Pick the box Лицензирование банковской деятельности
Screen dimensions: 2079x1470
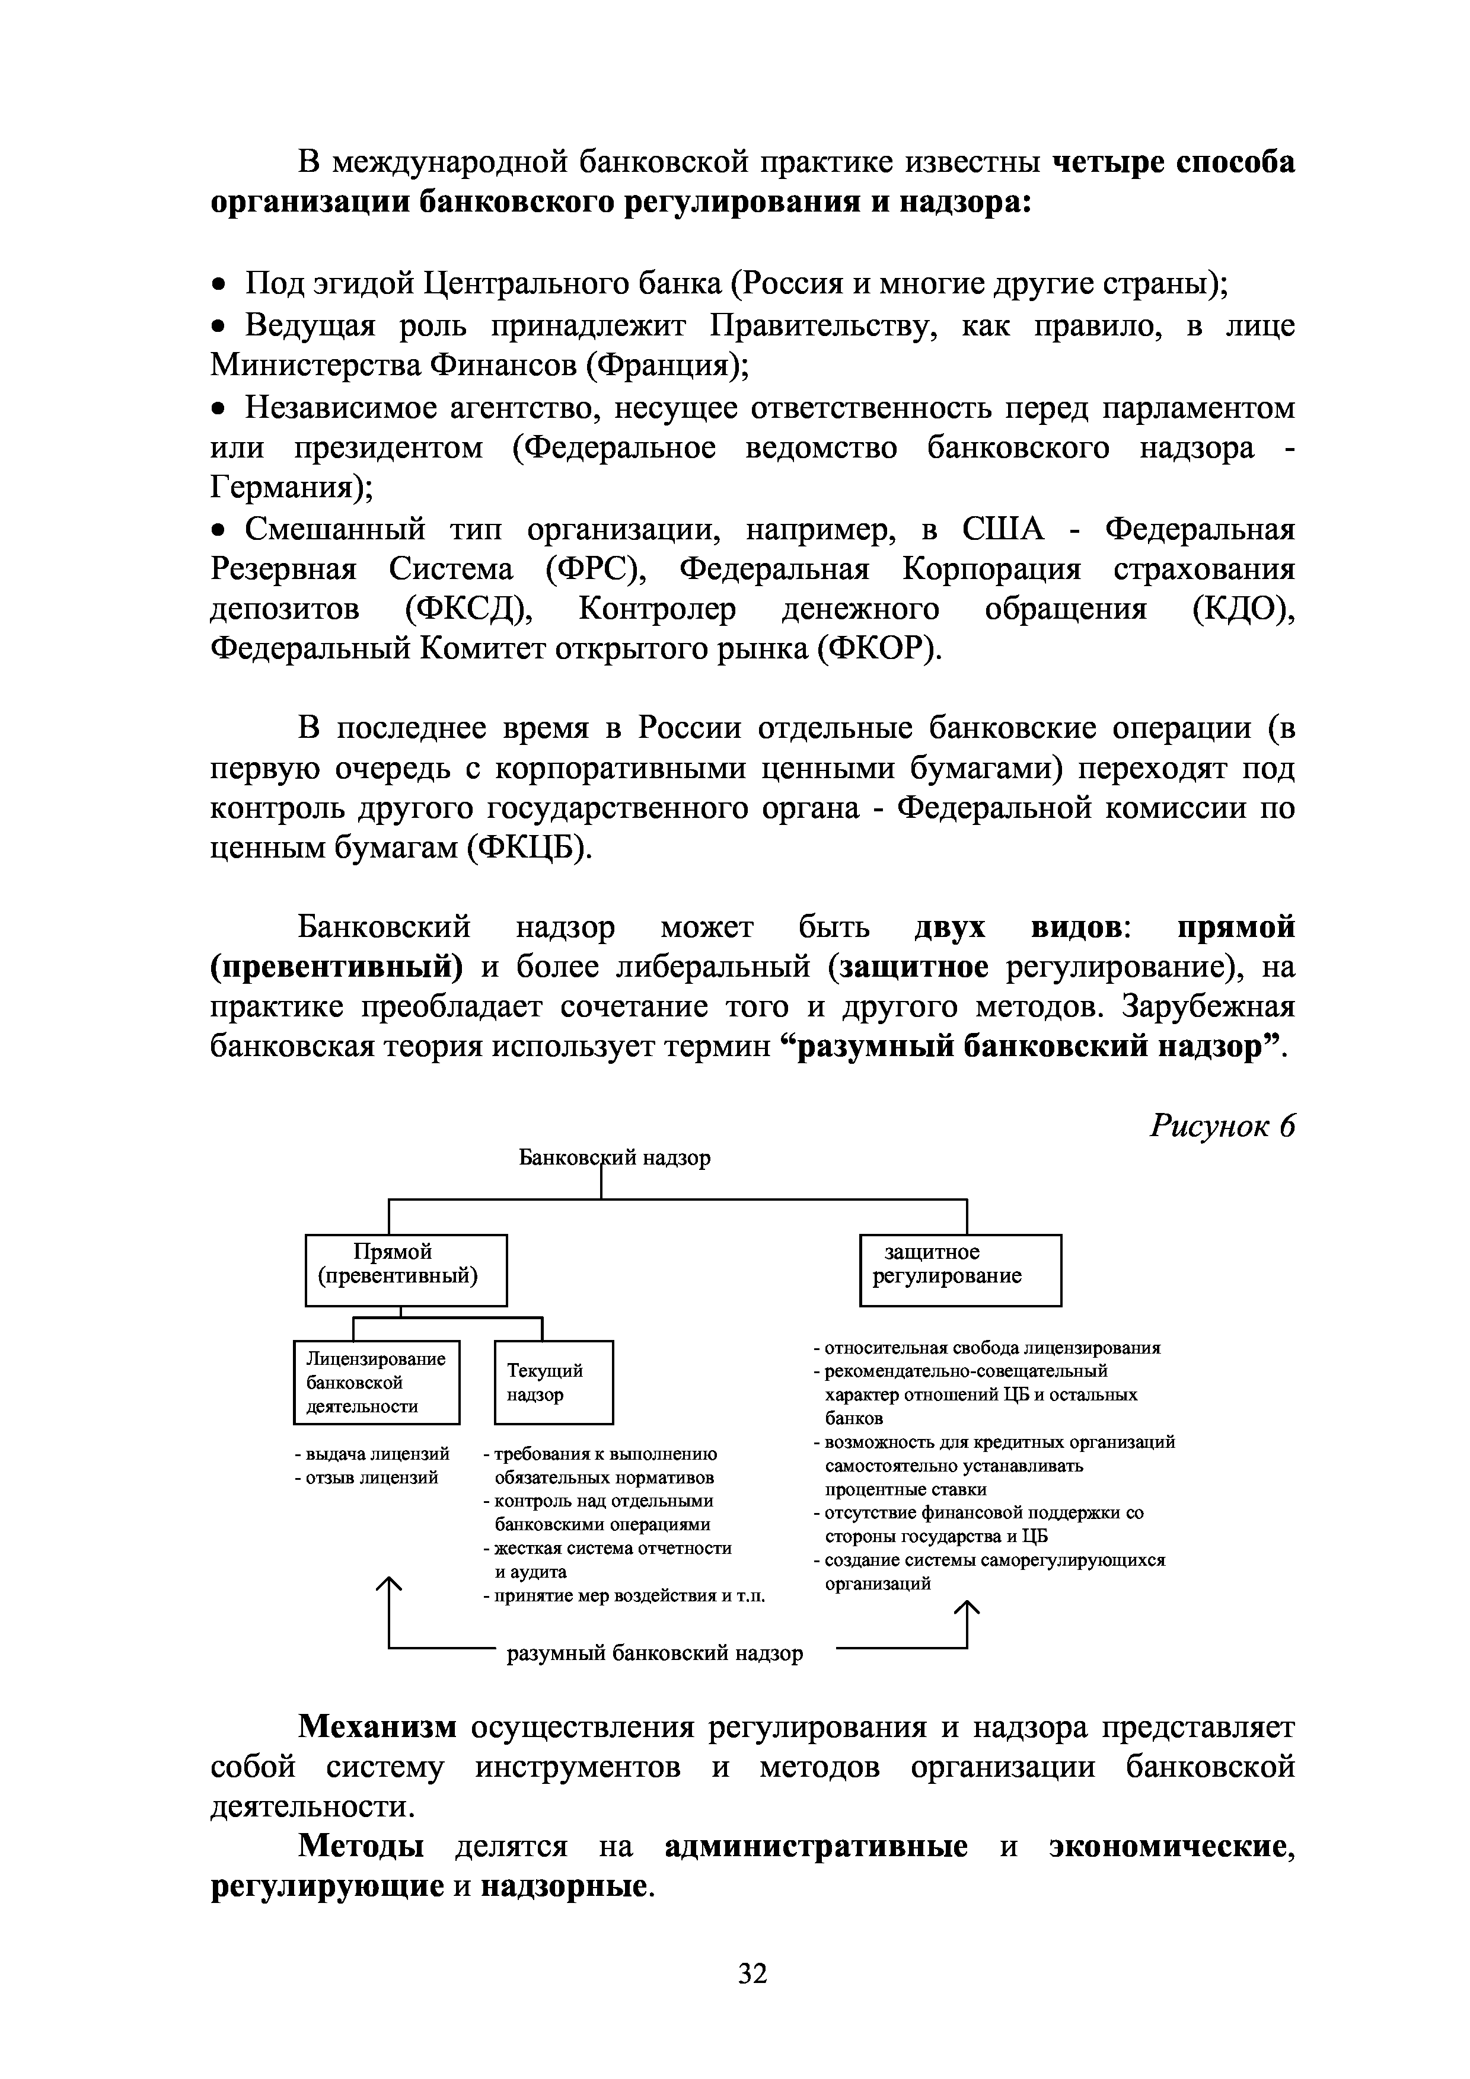click(x=377, y=1382)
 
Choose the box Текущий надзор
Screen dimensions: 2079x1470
click(x=553, y=1382)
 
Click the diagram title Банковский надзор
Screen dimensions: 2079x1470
click(x=614, y=1157)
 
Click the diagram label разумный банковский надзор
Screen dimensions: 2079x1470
click(x=654, y=1653)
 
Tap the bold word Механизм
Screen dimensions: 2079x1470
click(x=378, y=1727)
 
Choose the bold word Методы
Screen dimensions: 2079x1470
click(x=361, y=1846)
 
